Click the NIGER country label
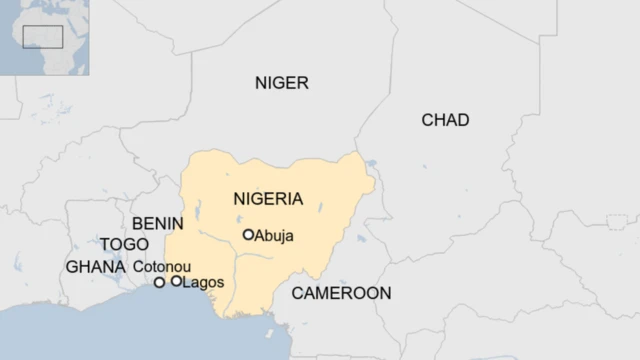[x=282, y=83]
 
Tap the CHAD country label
[x=445, y=120]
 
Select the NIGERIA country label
[x=268, y=198]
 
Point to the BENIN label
[x=156, y=222]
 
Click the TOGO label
[x=123, y=244]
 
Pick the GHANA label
[x=95, y=267]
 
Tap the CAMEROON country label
[x=341, y=293]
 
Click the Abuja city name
[x=276, y=236]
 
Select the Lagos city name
[x=203, y=282]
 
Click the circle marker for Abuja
[x=248, y=235]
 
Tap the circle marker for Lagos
[x=176, y=282]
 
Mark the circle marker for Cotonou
[x=159, y=283]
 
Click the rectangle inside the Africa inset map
[x=43, y=36]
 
